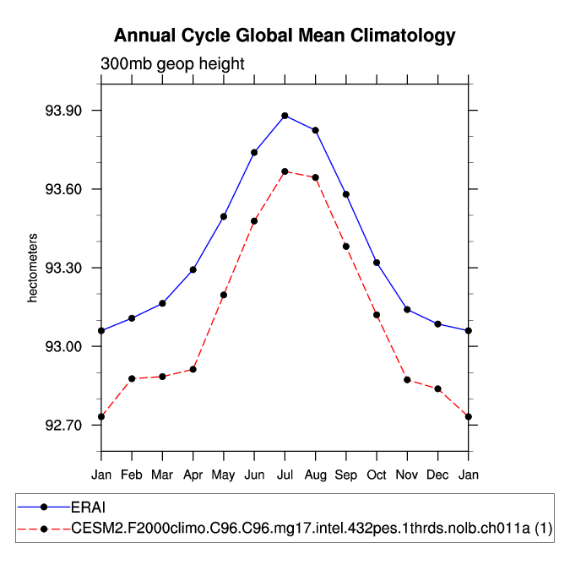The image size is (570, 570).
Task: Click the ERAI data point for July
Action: pos(285,116)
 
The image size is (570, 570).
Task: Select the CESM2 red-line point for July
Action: pos(285,171)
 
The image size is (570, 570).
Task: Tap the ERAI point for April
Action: pos(193,269)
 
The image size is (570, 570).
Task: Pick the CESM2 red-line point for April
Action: pos(193,369)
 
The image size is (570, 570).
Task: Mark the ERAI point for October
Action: pos(377,263)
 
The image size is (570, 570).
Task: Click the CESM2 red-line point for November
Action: pos(407,380)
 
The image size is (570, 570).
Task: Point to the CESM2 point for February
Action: pos(132,378)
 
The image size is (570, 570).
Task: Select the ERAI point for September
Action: pos(346,194)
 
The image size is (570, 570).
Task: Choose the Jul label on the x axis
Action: pos(285,476)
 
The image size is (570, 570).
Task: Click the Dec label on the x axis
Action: pos(437,476)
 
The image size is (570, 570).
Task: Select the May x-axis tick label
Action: pos(224,476)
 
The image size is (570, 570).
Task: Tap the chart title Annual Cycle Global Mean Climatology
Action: pos(285,35)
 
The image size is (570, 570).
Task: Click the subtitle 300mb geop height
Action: pos(172,63)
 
